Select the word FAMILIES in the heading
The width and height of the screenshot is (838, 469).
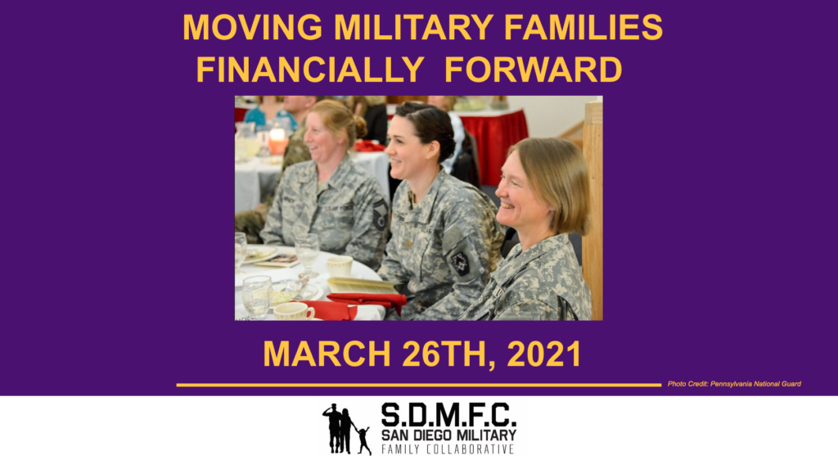pos(583,27)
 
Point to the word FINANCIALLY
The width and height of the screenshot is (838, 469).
pos(310,70)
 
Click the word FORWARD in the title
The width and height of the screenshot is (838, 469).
pos(534,70)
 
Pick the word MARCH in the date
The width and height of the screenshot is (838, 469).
pos(327,354)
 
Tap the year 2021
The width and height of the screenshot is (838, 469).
pos(544,354)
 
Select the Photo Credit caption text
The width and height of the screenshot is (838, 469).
pos(734,384)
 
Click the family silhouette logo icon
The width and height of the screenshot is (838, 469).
pos(347,429)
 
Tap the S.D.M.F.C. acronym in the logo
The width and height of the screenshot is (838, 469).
pos(448,414)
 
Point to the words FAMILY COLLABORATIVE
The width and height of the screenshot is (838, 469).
pos(448,449)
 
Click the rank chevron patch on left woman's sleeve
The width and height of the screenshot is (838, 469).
pos(380,214)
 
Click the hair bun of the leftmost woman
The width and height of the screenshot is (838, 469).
pos(360,127)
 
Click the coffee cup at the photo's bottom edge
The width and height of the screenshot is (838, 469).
pos(294,312)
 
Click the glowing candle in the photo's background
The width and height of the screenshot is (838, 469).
pos(277,141)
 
